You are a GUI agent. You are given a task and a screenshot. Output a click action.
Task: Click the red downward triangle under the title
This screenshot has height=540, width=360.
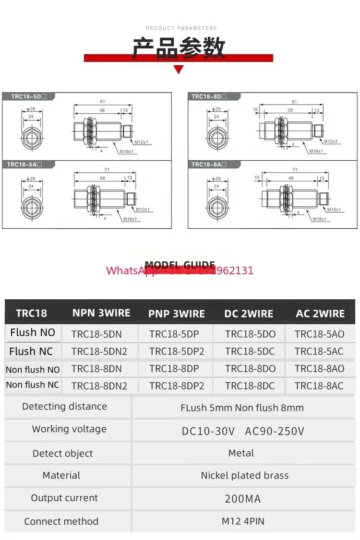coord(179,70)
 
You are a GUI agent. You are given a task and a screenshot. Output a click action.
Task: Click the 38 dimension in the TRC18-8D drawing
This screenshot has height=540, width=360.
coord(290,110)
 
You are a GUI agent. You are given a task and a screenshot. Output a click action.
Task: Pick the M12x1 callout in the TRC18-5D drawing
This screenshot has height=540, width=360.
coord(142,142)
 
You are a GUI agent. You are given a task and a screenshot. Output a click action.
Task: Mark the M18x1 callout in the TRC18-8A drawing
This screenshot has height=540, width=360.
coord(321,219)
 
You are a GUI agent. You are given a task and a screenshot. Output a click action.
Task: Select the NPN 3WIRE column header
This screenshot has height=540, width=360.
coord(101,313)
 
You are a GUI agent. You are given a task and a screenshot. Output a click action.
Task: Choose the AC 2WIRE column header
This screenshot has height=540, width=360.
coord(320,314)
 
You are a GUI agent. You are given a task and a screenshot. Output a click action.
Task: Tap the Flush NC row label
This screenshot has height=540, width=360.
coord(31,352)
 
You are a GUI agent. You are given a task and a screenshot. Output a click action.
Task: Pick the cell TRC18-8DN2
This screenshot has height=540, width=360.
coord(99,386)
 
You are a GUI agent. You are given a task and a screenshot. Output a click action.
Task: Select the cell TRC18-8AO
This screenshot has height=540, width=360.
coord(319,369)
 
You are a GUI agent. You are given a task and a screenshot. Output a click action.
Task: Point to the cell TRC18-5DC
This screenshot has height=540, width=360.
coord(250,352)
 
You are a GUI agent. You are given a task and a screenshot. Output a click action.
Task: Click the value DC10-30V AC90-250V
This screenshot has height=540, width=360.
coord(243,431)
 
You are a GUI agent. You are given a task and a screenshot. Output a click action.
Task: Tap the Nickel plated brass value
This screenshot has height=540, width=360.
coord(245,476)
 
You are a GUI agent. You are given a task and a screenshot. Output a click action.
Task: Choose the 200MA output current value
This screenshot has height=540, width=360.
coord(243,499)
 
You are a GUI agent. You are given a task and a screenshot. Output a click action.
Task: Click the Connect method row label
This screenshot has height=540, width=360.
coord(61,521)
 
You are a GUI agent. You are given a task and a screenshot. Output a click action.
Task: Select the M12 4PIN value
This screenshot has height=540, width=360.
coord(243,521)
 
